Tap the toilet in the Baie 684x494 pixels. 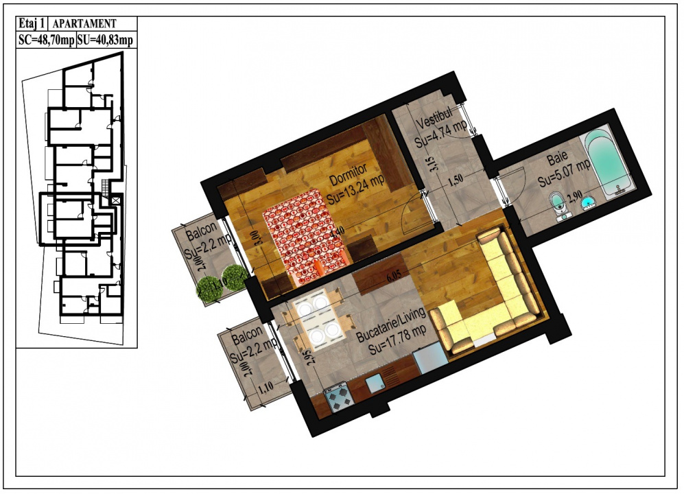559,204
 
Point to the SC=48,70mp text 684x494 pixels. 45,41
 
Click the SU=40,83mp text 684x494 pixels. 105,41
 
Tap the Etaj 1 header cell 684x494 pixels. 32,24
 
